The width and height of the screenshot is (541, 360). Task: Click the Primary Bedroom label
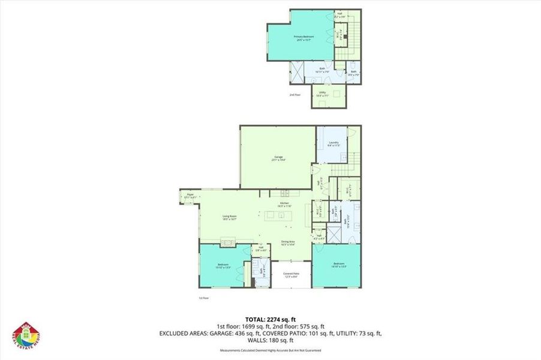point(304,38)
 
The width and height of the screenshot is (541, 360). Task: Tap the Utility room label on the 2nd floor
point(323,94)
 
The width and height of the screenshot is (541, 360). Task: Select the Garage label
point(278,158)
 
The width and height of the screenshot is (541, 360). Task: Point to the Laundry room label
point(333,143)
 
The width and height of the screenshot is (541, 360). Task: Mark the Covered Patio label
point(291,275)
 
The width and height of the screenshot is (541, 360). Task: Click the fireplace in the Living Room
point(229,242)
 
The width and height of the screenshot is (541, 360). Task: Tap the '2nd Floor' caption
point(294,95)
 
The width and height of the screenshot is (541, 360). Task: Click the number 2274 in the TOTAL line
point(275,319)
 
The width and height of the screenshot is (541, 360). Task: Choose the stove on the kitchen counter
point(284,193)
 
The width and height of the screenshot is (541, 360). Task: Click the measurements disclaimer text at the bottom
point(270,349)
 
